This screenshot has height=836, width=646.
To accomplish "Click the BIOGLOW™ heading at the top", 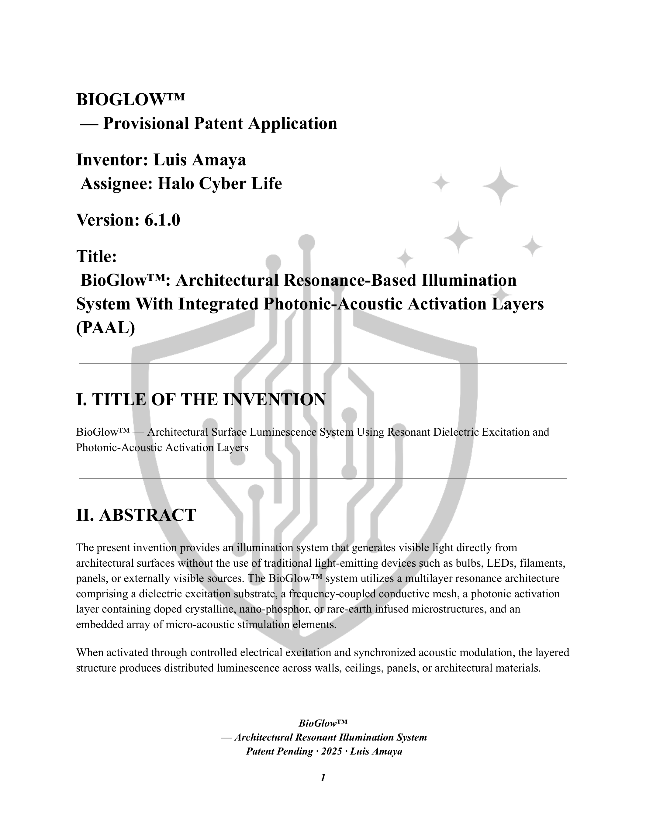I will [x=130, y=100].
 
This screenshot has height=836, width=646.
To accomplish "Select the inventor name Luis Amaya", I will [x=199, y=160].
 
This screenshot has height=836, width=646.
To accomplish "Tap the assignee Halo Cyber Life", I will [x=220, y=184].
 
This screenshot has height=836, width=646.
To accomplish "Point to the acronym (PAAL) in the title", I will [x=105, y=328].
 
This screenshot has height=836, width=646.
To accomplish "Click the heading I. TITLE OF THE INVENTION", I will [x=201, y=400].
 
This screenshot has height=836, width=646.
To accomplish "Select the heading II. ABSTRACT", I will [x=136, y=515].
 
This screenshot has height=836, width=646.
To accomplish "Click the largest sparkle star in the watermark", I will [x=500, y=186].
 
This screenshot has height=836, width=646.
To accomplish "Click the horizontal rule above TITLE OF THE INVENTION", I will [x=323, y=364].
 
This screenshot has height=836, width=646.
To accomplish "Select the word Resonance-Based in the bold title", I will [x=349, y=280].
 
